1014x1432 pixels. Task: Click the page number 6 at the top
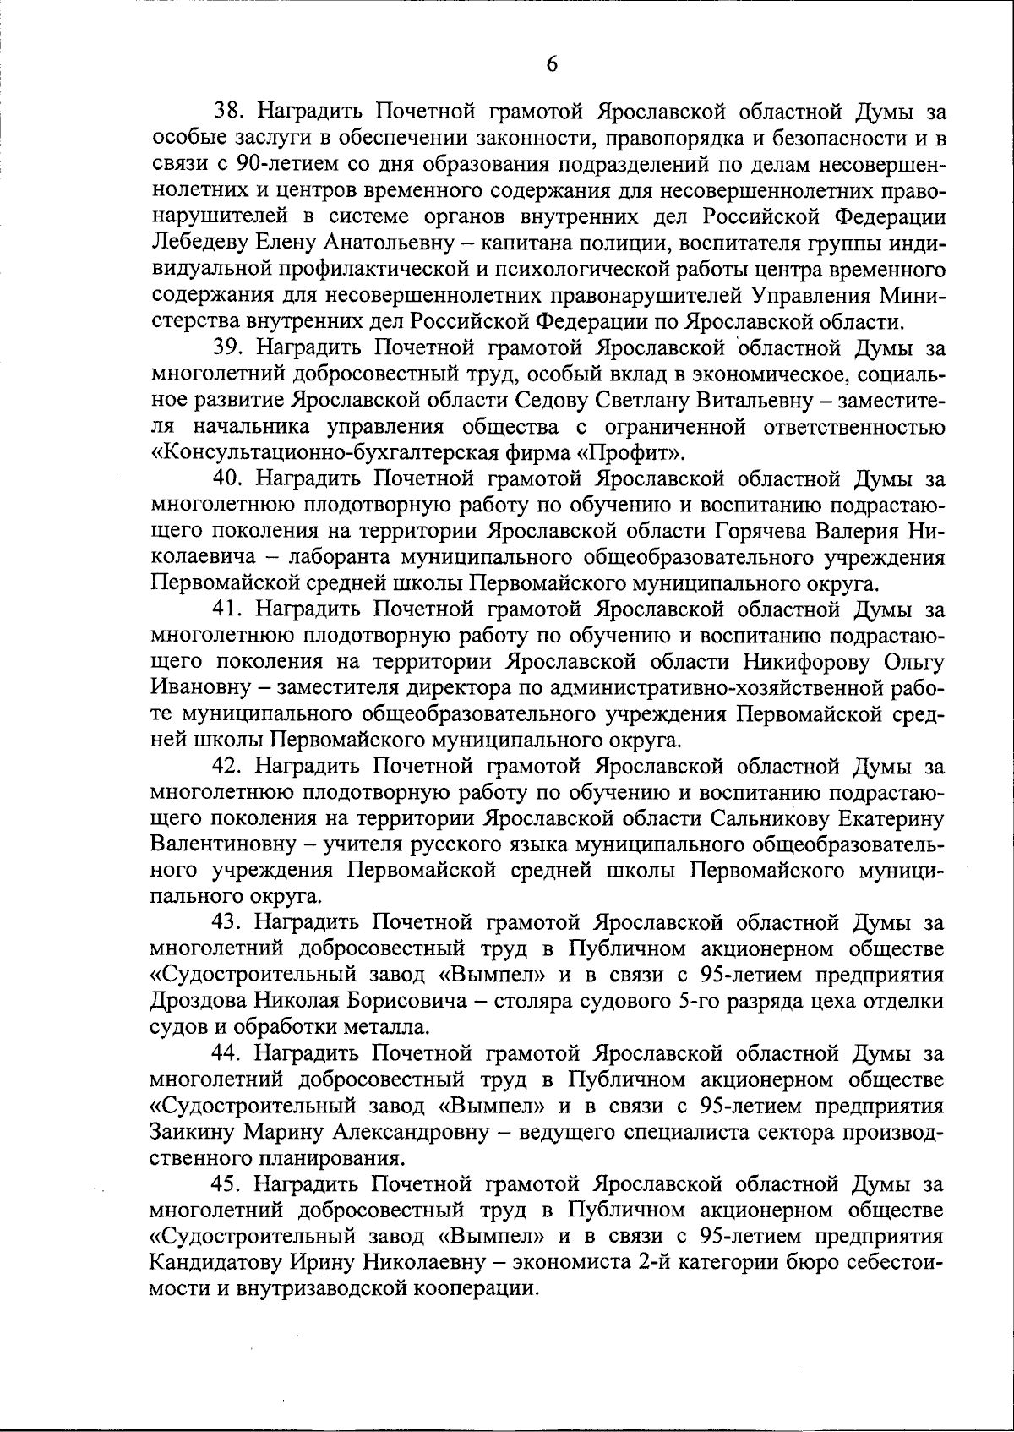[550, 64]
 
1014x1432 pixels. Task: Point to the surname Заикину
[192, 1132]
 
